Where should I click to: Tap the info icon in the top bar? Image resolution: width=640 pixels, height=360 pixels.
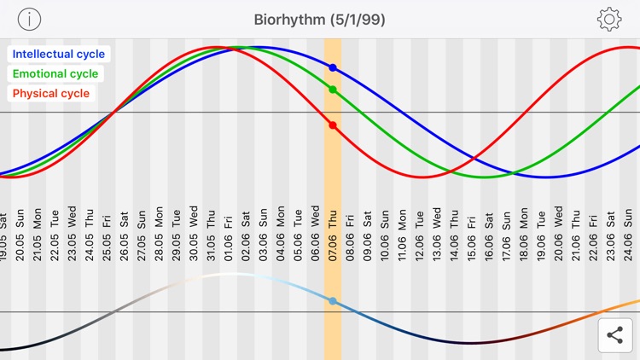29,19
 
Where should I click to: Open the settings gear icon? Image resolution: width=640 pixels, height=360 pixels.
609,19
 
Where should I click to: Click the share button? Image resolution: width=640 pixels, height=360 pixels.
614,335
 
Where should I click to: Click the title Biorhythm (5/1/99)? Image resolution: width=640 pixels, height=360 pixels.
320,19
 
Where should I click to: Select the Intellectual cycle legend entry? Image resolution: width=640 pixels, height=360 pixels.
59,54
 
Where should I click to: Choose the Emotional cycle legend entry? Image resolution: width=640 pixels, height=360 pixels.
55,73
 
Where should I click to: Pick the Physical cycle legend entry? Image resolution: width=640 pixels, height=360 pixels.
51,93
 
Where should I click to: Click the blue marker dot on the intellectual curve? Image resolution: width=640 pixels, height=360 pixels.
333,67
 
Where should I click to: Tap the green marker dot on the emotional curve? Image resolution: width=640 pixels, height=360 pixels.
333,90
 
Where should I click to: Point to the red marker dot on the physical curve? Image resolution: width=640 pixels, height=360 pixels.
333,125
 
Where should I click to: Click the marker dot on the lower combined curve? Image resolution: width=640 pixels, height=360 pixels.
333,301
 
